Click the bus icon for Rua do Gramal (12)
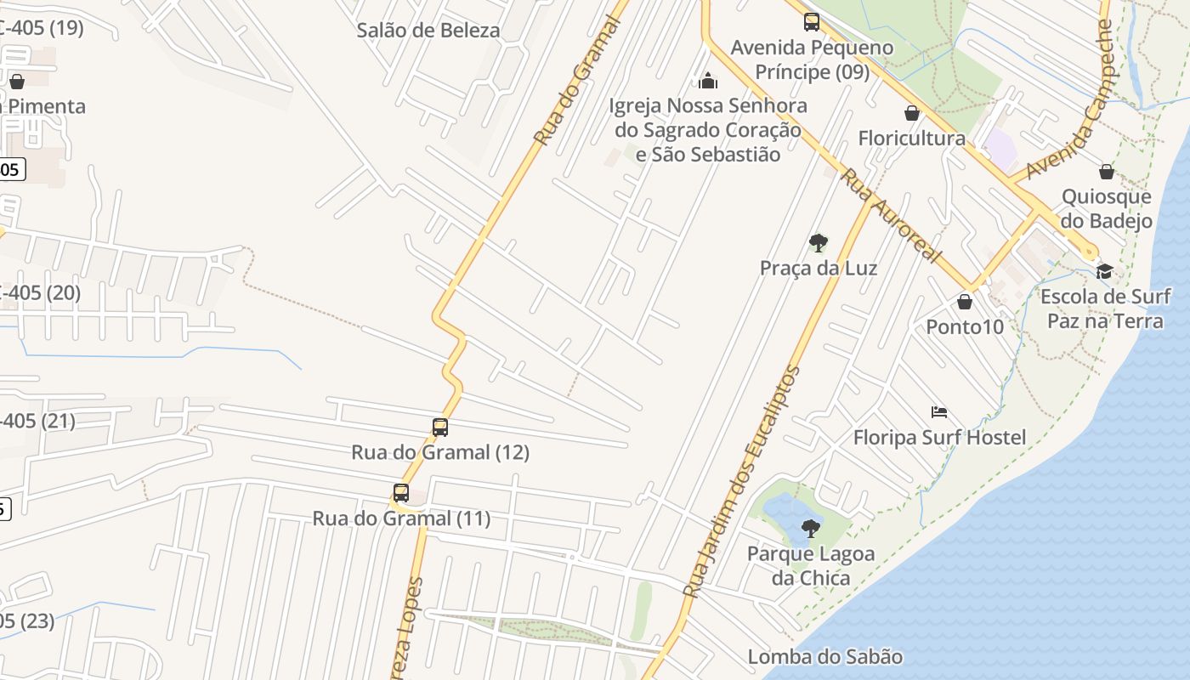pyautogui.click(x=440, y=428)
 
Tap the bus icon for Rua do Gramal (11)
pyautogui.click(x=401, y=493)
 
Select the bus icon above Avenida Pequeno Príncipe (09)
pyautogui.click(x=812, y=22)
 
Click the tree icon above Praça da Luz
pyautogui.click(x=819, y=244)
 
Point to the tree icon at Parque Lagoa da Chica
pyautogui.click(x=811, y=529)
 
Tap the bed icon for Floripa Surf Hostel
pyautogui.click(x=939, y=413)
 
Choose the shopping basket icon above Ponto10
pyautogui.click(x=965, y=302)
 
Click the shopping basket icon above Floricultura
pyautogui.click(x=912, y=113)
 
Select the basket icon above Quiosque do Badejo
pyautogui.click(x=1107, y=173)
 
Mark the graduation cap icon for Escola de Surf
pyautogui.click(x=1104, y=271)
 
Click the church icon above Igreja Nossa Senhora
pyautogui.click(x=708, y=81)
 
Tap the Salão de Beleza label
pyautogui.click(x=428, y=31)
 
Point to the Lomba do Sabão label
pyautogui.click(x=824, y=656)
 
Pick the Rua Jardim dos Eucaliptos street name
pyautogui.click(x=743, y=481)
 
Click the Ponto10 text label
pyautogui.click(x=965, y=327)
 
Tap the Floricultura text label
pyautogui.click(x=912, y=139)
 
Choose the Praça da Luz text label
pyautogui.click(x=819, y=269)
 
